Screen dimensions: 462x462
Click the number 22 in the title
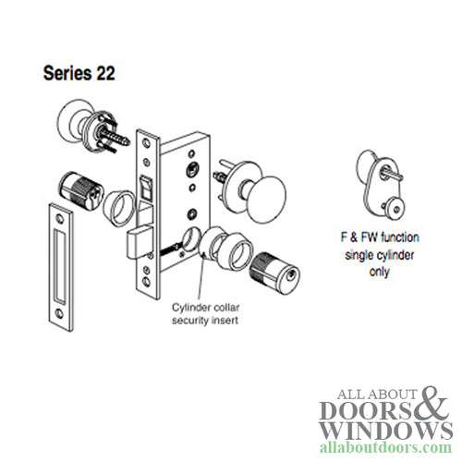pos(102,71)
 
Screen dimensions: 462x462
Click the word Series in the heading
pos(66,71)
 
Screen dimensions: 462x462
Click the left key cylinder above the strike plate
pos(80,190)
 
